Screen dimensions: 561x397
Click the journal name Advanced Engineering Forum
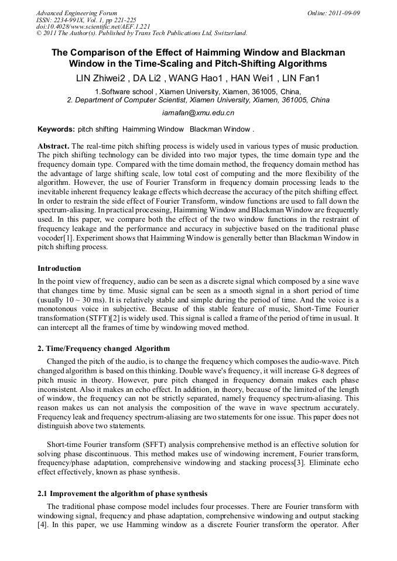coord(76,13)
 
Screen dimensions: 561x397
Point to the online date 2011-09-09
coord(341,13)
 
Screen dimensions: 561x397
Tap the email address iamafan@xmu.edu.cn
coord(198,112)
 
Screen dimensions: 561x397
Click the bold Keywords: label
coord(56,129)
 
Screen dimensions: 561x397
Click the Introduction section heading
coord(59,269)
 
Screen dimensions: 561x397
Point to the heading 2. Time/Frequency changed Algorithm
coord(104,348)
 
